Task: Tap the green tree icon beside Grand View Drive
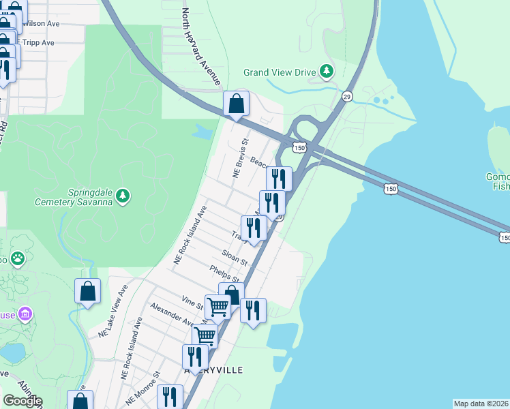[327, 71]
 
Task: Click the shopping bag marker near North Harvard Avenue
[237, 104]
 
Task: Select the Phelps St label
[224, 274]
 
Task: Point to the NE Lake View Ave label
[113, 311]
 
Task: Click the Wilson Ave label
[42, 23]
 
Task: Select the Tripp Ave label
[38, 42]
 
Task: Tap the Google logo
[22, 400]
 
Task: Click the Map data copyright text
[481, 404]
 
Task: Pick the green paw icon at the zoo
[18, 259]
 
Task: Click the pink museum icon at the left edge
[26, 314]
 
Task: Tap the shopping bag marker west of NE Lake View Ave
[88, 292]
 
